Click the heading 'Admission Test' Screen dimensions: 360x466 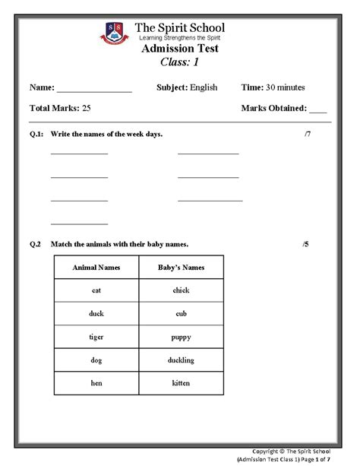tap(180, 48)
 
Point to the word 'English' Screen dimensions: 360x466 tap(204, 87)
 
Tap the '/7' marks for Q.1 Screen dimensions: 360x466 tap(307, 135)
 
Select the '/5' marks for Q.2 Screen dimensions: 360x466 tap(305, 244)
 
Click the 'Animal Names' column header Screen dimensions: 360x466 tap(96, 268)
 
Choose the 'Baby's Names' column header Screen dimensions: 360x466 tap(181, 268)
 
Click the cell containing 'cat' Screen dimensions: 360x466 tap(96, 290)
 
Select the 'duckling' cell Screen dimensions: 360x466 tap(181, 360)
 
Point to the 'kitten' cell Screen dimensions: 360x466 tap(181, 383)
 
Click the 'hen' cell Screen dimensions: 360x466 tap(96, 383)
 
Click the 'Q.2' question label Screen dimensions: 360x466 tap(35, 244)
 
